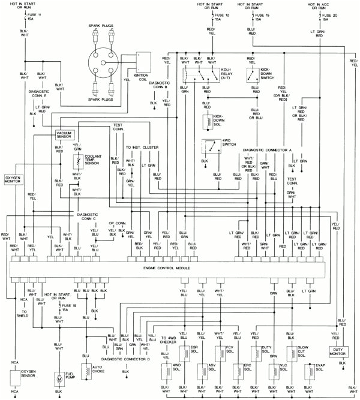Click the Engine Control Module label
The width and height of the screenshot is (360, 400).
click(167, 267)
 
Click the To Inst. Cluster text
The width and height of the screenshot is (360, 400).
click(142, 147)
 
